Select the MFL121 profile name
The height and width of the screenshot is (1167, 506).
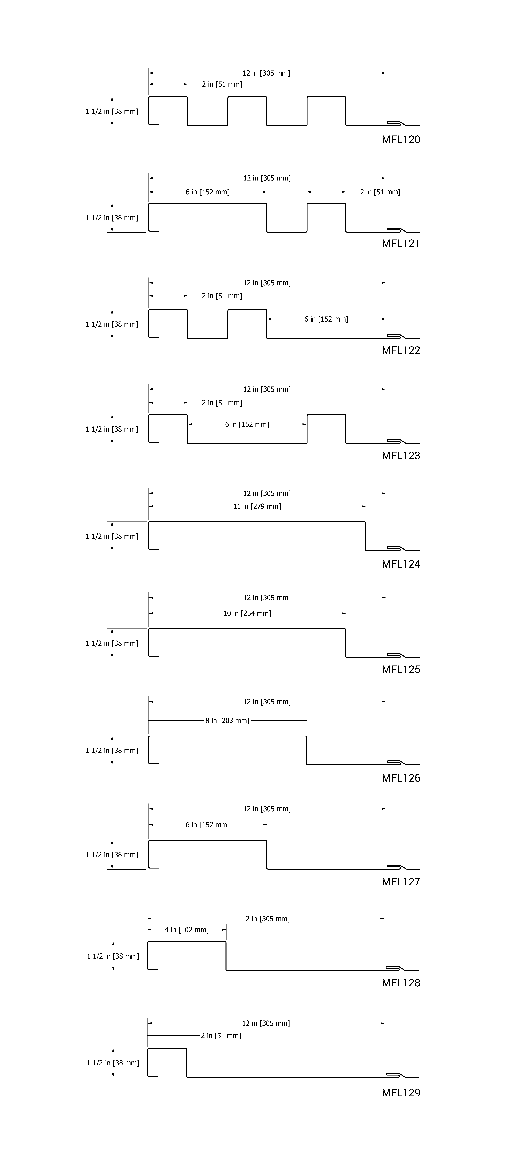[x=400, y=243]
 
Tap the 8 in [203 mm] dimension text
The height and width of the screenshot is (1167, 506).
[x=227, y=720]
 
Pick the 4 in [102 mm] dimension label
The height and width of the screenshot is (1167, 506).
[x=187, y=930]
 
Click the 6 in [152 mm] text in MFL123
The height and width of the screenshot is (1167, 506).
[x=247, y=424]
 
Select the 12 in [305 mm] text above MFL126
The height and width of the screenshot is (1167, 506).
[x=267, y=702]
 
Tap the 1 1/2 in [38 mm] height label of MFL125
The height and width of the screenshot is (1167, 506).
[x=112, y=643]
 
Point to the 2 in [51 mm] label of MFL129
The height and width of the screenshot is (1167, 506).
[x=221, y=1036]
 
